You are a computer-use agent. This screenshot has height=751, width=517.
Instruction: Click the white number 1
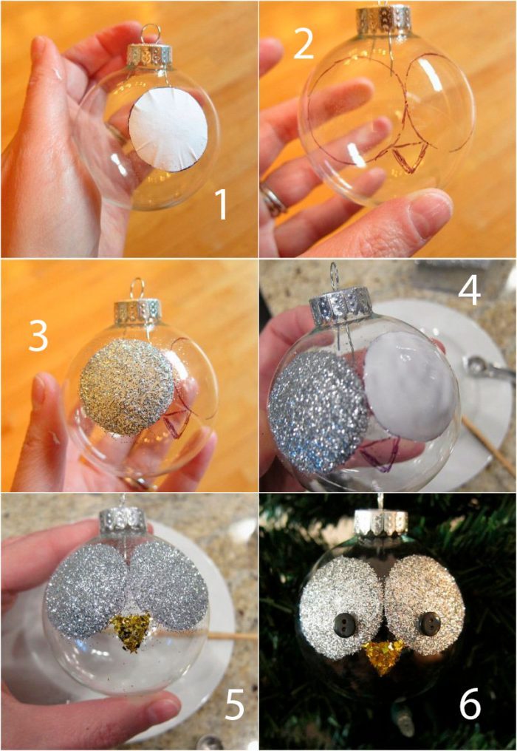pyautogui.click(x=221, y=205)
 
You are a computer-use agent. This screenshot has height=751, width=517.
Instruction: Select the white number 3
pyautogui.click(x=38, y=336)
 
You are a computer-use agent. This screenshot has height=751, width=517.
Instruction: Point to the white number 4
pyautogui.click(x=469, y=290)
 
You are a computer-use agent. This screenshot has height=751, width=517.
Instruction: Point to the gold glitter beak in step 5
pyautogui.click(x=131, y=631)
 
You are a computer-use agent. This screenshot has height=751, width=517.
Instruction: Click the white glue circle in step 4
pyautogui.click(x=411, y=386)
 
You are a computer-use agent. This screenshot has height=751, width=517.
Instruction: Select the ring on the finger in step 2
pyautogui.click(x=273, y=200)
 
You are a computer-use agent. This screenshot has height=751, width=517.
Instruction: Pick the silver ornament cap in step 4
pyautogui.click(x=340, y=305)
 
